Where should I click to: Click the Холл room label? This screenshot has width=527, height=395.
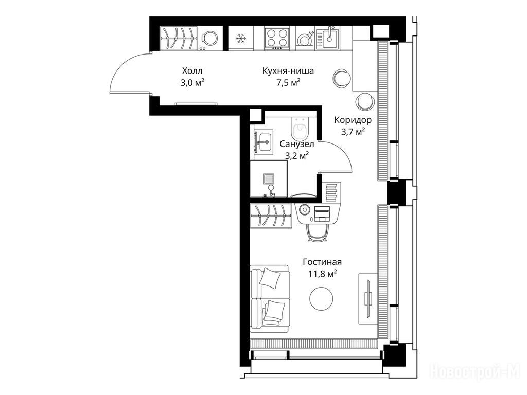click(x=192, y=71)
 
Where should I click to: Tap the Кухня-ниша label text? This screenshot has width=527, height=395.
click(x=288, y=71)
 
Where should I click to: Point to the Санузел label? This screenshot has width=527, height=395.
click(x=297, y=144)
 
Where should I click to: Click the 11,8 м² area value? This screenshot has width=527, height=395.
click(x=323, y=274)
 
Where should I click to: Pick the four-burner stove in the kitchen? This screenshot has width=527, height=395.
click(x=276, y=38)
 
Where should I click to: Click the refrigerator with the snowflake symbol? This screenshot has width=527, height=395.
click(x=241, y=38)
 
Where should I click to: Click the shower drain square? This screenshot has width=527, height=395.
click(x=269, y=178)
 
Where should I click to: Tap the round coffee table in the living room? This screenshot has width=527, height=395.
click(x=321, y=299)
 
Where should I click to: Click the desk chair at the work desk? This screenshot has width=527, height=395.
click(x=318, y=232)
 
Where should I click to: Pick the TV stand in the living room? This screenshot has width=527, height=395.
click(x=368, y=299)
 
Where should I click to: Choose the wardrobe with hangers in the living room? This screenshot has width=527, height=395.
click(x=271, y=216)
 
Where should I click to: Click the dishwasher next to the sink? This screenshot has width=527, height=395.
click(x=305, y=38)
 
